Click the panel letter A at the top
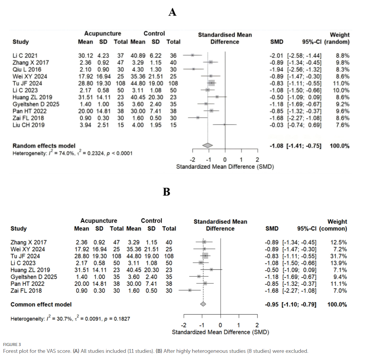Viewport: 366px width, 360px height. point(172,12)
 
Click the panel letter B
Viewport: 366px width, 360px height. point(166,192)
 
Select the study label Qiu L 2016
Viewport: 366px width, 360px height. point(27,69)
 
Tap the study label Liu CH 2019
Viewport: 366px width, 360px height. point(28,125)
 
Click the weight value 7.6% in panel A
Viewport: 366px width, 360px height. point(343,125)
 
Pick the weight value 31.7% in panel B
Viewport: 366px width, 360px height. point(338,256)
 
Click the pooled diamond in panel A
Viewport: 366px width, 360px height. point(208,145)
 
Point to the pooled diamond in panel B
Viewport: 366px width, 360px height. point(203,304)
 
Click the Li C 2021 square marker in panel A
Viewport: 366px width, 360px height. point(192,55)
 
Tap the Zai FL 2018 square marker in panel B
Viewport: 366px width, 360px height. point(190,290)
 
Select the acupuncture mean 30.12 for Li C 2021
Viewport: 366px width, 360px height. point(85,56)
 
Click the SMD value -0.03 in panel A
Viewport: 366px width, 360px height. point(276,125)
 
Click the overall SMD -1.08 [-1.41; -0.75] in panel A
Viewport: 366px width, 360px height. point(296,146)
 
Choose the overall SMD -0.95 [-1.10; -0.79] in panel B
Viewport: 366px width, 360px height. point(291,304)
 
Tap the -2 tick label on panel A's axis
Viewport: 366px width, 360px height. point(192,160)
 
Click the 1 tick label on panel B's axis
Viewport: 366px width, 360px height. point(239,325)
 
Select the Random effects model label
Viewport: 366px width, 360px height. point(44,146)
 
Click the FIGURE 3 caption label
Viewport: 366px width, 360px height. point(12,344)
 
